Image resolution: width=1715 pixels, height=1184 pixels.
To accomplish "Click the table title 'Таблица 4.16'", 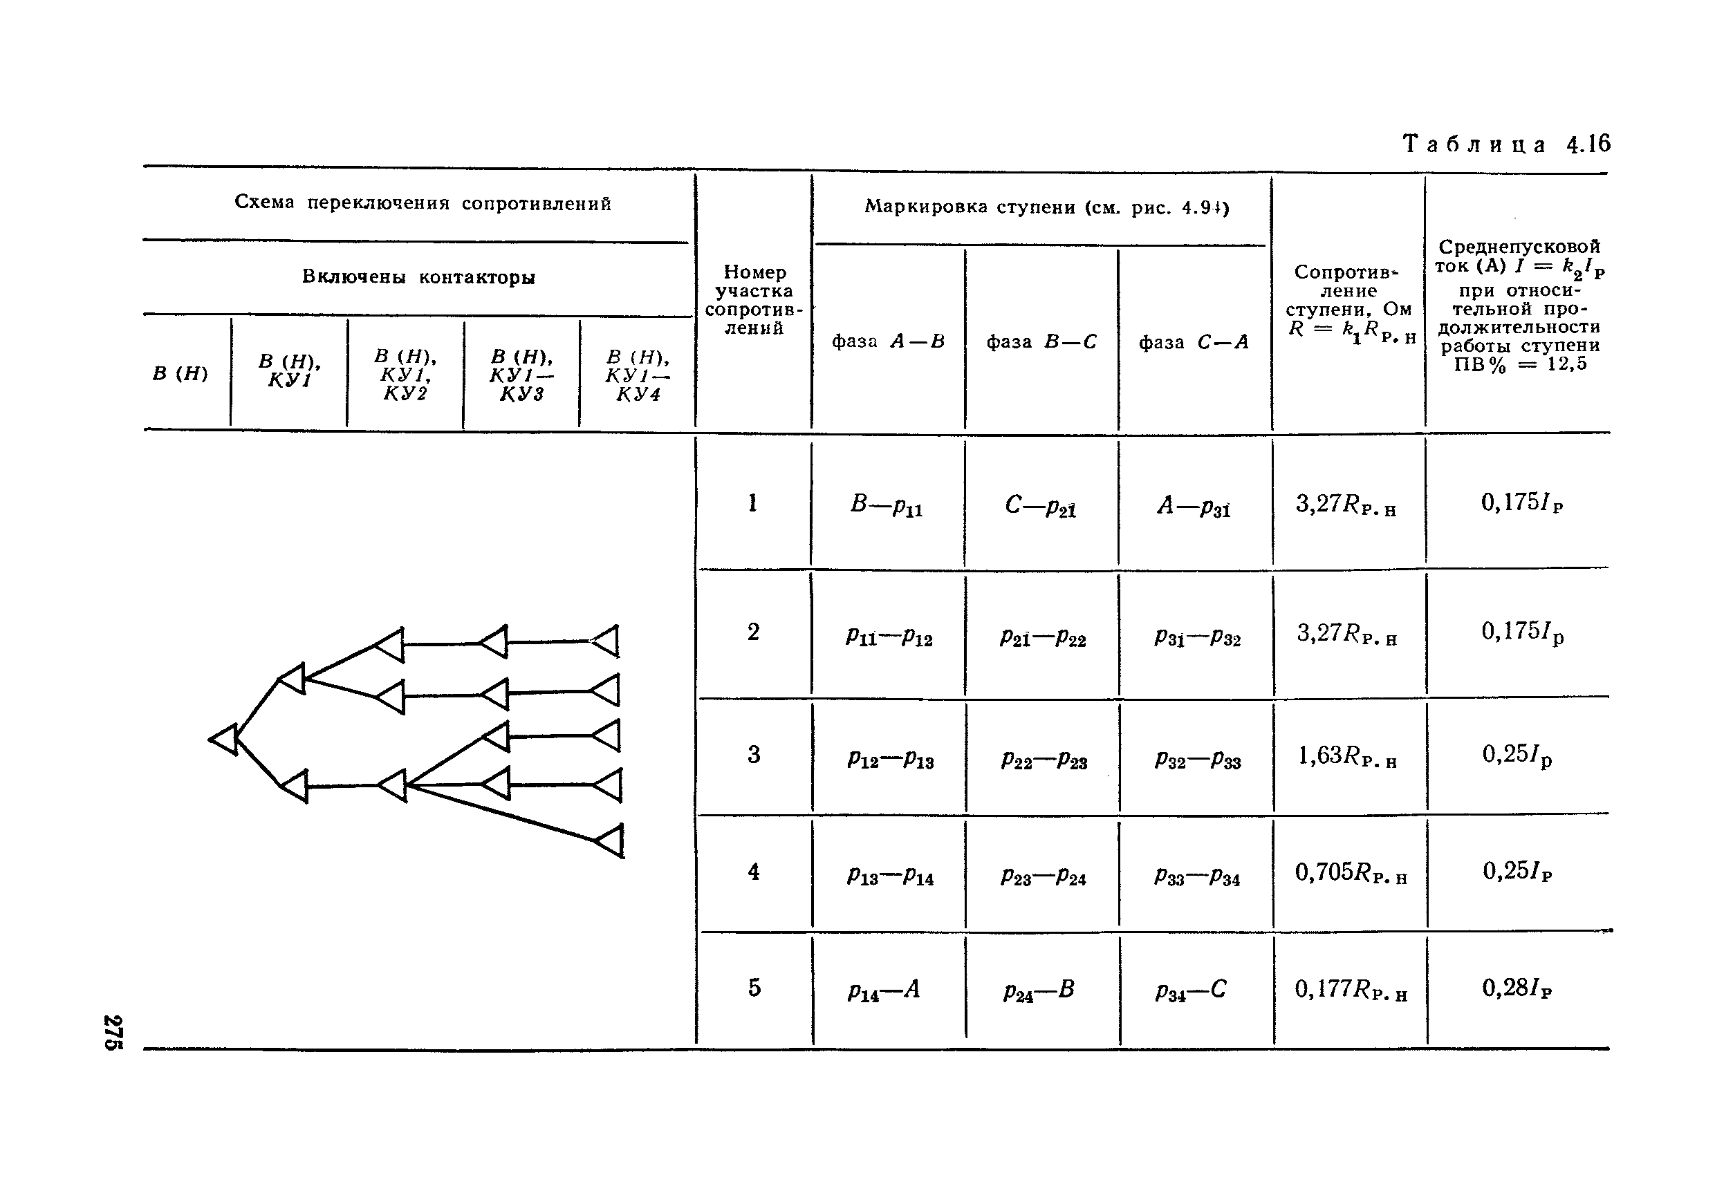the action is (x=1505, y=144).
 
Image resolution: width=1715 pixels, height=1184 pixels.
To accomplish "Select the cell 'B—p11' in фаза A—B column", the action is (x=886, y=505).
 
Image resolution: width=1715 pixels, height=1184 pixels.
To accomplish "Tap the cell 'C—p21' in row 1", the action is (x=1041, y=505).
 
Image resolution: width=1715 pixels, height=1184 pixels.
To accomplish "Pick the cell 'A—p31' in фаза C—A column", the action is (x=1194, y=506).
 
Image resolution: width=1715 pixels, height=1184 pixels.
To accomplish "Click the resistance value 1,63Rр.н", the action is (x=1347, y=756).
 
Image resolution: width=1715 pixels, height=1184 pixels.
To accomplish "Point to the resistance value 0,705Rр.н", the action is (x=1350, y=872).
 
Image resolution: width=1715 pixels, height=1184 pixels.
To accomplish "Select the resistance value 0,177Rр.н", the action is (x=1350, y=989).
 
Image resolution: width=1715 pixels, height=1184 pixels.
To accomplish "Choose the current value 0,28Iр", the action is (x=1516, y=988).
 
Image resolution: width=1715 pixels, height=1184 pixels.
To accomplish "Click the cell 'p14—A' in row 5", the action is (x=884, y=990).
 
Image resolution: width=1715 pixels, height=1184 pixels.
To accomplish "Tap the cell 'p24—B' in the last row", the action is (x=1038, y=990).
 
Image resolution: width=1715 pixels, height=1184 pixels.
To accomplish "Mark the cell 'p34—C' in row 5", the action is (x=1191, y=990).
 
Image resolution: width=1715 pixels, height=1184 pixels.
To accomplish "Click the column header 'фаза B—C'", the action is (x=1041, y=342).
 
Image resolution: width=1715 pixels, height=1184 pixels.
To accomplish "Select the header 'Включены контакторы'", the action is (x=418, y=277).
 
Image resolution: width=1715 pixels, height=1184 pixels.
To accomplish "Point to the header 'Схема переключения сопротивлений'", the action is (x=423, y=203).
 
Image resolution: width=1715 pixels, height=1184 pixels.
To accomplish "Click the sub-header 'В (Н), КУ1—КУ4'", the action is (x=638, y=376).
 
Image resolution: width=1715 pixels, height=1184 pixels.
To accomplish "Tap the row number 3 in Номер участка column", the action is (x=753, y=755).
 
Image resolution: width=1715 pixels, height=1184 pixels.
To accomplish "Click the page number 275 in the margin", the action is (x=113, y=1032).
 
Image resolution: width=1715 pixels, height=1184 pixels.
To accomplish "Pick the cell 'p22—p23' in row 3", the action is (x=1044, y=760).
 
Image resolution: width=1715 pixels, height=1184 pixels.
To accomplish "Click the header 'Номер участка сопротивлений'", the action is (x=753, y=301).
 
